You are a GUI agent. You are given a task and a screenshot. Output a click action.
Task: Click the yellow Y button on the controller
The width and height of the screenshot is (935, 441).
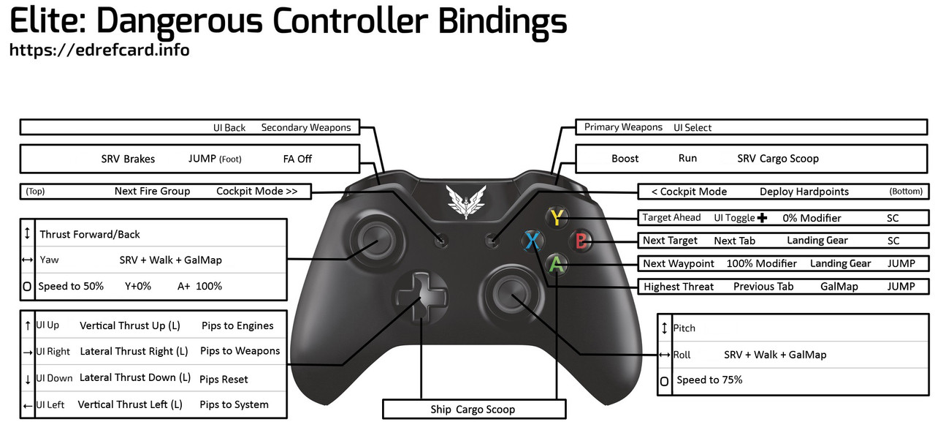point(557,217)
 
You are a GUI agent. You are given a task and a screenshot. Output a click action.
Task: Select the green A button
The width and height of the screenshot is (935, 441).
point(557,263)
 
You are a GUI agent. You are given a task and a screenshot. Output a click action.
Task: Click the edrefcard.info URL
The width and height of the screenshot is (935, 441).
point(99,50)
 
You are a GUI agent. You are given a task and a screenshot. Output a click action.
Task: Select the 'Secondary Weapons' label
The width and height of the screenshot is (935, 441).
point(306,127)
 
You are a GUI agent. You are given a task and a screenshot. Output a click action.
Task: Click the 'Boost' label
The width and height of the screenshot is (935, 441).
point(625,159)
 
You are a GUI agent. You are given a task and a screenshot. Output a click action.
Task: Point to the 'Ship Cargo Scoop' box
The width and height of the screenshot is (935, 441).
point(473,410)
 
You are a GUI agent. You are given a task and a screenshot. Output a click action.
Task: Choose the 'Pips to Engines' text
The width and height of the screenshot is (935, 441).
point(237,325)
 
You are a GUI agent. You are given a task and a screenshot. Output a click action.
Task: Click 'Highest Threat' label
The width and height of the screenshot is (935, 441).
point(679,287)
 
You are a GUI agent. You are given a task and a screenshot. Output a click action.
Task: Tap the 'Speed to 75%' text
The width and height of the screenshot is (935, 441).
point(709,380)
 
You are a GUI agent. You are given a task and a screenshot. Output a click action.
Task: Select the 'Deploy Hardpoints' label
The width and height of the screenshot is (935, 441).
point(804,192)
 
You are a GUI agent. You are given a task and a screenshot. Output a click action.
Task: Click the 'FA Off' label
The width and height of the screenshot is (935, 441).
point(298,159)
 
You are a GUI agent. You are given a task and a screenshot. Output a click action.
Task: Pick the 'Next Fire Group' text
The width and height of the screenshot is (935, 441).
point(152,192)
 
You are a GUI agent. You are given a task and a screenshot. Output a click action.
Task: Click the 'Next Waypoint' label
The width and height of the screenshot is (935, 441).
point(679,263)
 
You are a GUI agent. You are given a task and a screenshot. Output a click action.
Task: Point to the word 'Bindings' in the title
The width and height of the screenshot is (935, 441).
point(503,21)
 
